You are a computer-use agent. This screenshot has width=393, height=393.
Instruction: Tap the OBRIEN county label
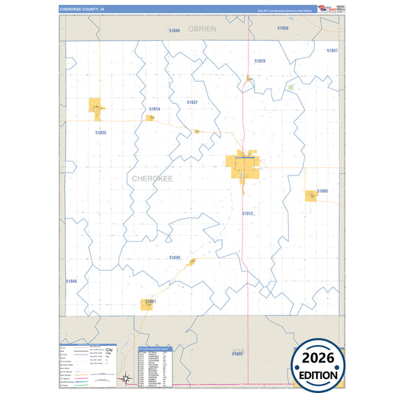click(x=201, y=27)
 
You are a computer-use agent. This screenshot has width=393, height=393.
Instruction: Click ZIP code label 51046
click(x=174, y=30)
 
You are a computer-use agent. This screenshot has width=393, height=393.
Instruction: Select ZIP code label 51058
click(x=282, y=28)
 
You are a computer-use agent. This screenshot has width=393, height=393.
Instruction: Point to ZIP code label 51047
click(x=332, y=50)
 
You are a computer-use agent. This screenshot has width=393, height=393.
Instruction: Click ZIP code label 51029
click(x=260, y=60)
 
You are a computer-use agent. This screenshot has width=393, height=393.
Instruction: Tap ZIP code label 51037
click(x=192, y=102)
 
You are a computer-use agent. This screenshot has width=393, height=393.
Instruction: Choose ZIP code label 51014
click(x=154, y=108)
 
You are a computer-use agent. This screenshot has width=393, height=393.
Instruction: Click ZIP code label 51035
click(x=101, y=132)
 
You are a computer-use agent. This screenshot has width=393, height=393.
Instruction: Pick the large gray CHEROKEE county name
click(x=153, y=178)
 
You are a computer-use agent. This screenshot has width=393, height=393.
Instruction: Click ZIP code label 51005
click(x=322, y=191)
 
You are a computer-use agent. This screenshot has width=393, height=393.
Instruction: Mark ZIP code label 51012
click(x=248, y=213)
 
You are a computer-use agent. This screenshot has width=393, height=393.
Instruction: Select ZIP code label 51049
click(x=174, y=257)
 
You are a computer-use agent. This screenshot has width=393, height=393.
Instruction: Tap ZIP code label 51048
click(x=71, y=281)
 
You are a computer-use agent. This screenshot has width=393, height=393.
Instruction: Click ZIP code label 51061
click(x=150, y=301)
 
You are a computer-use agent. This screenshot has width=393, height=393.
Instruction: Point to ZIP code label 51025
click(x=236, y=355)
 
